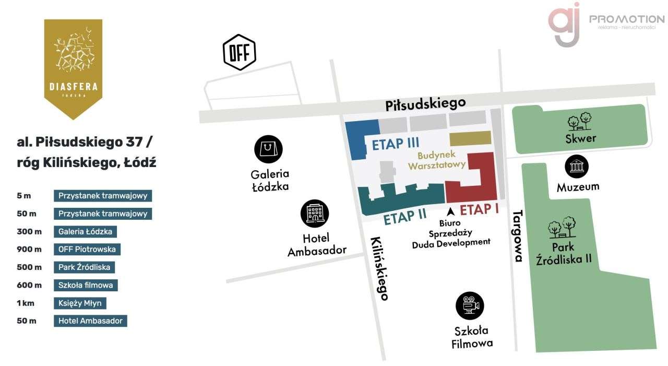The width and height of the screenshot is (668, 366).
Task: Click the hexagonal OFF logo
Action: pyautogui.click(x=240, y=52)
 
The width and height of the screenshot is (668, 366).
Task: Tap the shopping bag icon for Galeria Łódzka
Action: pyautogui.click(x=268, y=149)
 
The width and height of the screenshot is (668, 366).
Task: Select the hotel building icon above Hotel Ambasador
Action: pyautogui.click(x=315, y=214)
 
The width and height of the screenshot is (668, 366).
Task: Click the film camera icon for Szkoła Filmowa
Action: pyautogui.click(x=470, y=305)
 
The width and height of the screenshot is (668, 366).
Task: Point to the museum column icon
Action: pyautogui.click(x=577, y=167)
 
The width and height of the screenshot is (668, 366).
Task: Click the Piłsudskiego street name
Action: pyautogui.click(x=425, y=104)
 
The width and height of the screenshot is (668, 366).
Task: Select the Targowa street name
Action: pyautogui.click(x=518, y=235)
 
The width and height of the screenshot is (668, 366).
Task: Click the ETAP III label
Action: pyautogui.click(x=396, y=144)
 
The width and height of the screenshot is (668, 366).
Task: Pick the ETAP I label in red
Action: pyautogui.click(x=479, y=209)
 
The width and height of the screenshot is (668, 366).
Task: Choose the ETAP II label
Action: pyautogui.click(x=405, y=217)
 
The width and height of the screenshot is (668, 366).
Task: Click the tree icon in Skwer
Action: pyautogui.click(x=580, y=122)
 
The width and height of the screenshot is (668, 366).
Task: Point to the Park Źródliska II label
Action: pyautogui.click(x=564, y=253)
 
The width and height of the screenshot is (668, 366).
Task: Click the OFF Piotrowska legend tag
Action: pyautogui.click(x=87, y=249)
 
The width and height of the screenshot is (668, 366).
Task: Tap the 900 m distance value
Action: pyautogui.click(x=29, y=249)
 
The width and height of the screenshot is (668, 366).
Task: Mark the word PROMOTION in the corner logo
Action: pyautogui.click(x=626, y=19)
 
